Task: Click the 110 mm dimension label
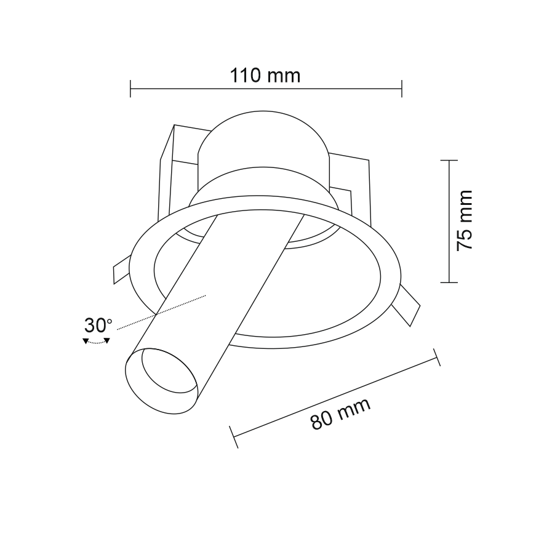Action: (x=265, y=76)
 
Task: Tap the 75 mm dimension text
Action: (x=465, y=221)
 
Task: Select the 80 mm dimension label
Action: (x=340, y=414)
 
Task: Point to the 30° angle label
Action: (x=98, y=326)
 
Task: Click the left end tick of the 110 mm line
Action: (x=130, y=89)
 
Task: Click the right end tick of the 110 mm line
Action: (x=402, y=89)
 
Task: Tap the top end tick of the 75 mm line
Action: (x=449, y=160)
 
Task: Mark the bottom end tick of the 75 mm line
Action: (x=449, y=282)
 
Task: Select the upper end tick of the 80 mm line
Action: (x=437, y=357)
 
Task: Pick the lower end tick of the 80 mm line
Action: (x=234, y=437)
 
